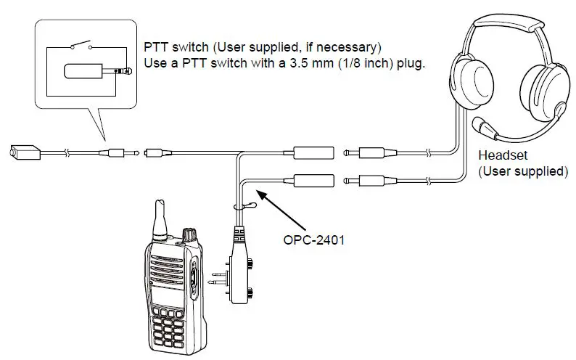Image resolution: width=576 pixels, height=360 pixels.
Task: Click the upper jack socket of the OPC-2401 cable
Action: pos(313,153)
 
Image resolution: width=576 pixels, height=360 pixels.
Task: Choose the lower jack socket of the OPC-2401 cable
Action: pos(313,179)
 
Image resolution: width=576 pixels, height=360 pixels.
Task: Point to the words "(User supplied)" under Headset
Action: pos(522,171)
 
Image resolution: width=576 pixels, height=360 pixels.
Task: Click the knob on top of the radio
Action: pos(189,236)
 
